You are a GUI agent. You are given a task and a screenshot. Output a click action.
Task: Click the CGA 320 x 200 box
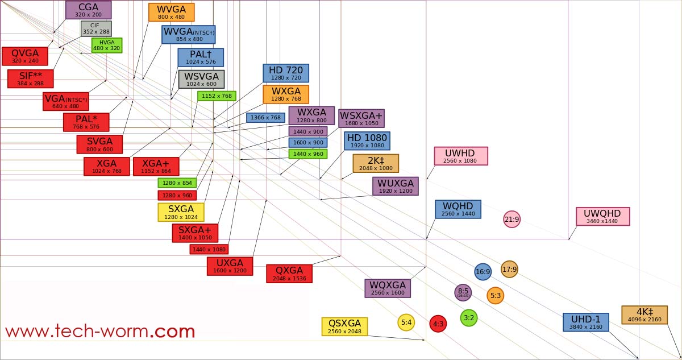pos(88,10)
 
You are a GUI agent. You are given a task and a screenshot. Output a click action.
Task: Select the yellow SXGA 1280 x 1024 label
pos(181,212)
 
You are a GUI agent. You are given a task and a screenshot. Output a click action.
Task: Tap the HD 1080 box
pos(367,140)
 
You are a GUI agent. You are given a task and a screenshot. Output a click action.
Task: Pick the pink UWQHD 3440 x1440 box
pos(602,216)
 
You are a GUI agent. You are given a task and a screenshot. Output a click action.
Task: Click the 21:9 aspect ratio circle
pos(511,219)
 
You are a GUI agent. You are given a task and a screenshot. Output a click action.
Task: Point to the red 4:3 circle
pos(438,324)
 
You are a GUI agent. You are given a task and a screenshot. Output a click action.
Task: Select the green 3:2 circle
pos(468,317)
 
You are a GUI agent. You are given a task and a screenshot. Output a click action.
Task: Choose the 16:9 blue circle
pos(483,272)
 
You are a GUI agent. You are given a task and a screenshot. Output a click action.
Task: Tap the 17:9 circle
pos(509,269)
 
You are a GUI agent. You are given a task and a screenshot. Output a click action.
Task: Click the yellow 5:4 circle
pos(406,322)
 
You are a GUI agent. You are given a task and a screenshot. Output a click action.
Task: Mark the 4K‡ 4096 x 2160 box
pos(644,315)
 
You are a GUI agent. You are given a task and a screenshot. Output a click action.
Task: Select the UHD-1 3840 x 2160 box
pos(585,322)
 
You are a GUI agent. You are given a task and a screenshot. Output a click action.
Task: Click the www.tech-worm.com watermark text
pos(100,331)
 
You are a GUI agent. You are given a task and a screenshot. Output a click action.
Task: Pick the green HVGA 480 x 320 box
pos(106,45)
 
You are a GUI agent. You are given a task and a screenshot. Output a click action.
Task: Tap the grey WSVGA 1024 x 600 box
pos(201,79)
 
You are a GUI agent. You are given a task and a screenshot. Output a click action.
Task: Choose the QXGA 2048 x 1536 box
pos(289,273)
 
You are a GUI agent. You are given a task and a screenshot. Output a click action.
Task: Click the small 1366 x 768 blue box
pos(265,118)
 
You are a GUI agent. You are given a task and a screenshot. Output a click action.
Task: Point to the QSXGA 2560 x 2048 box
pos(344,326)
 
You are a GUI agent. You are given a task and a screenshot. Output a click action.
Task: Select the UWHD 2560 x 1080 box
pos(460,156)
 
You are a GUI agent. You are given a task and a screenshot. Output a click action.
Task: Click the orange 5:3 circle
pos(495,295)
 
